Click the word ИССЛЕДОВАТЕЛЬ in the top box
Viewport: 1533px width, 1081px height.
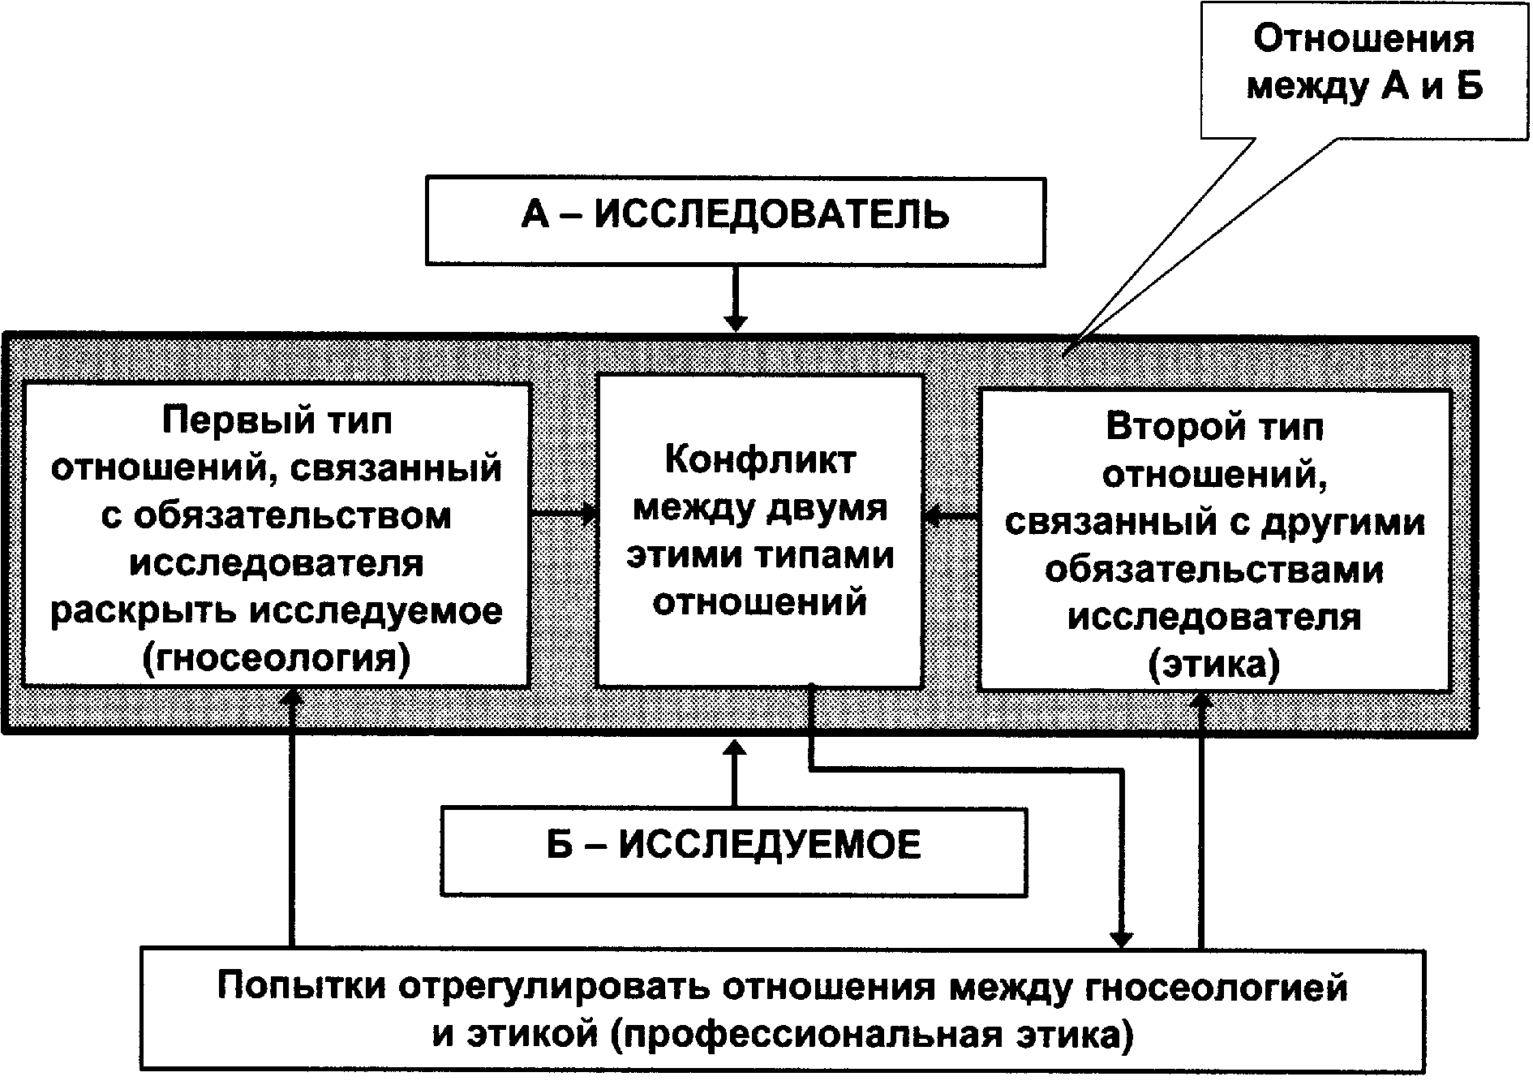tap(771, 217)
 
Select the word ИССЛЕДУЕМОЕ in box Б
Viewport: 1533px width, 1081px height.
tap(770, 846)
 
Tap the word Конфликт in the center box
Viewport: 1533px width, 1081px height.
tap(760, 461)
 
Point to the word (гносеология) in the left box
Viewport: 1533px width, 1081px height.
tap(276, 658)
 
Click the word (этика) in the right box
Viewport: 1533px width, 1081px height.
tap(1214, 665)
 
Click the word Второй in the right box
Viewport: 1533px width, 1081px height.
tap(1168, 428)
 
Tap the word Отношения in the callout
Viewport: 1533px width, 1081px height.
tap(1364, 40)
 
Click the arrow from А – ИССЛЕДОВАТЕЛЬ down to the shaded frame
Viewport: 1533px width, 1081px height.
tap(735, 299)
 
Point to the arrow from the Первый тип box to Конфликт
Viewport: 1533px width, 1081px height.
tap(564, 515)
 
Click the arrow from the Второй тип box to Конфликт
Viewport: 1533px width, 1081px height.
tap(952, 515)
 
